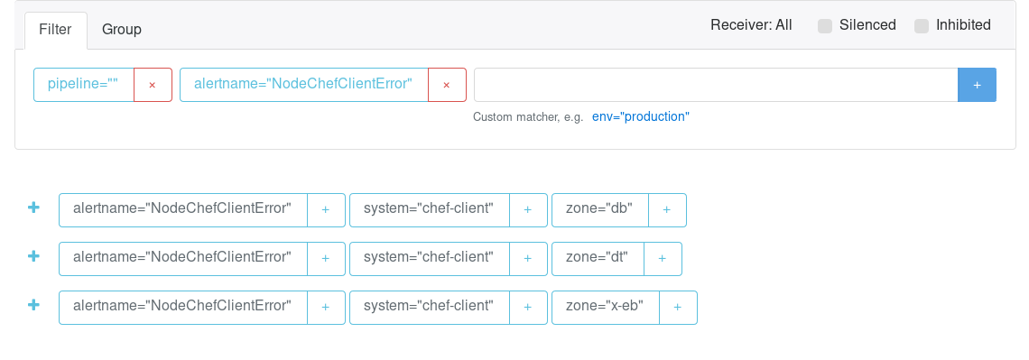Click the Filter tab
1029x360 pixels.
56,30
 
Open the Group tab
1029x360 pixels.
122,30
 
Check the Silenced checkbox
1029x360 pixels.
825,26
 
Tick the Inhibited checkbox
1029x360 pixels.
922,26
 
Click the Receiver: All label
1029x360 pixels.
751,25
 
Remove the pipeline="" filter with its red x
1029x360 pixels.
153,85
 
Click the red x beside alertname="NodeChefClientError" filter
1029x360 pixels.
446,85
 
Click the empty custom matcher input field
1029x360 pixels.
715,85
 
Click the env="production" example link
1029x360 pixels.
641,117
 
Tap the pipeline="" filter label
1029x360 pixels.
83,85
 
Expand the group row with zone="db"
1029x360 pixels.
33,208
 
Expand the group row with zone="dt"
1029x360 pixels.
33,256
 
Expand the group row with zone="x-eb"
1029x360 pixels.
33,305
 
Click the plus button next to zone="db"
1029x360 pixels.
667,210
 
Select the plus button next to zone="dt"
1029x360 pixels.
663,258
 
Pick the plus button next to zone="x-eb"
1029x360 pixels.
677,307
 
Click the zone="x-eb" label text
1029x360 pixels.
605,306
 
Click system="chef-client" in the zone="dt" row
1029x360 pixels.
429,257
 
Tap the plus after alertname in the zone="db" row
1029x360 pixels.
326,210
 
